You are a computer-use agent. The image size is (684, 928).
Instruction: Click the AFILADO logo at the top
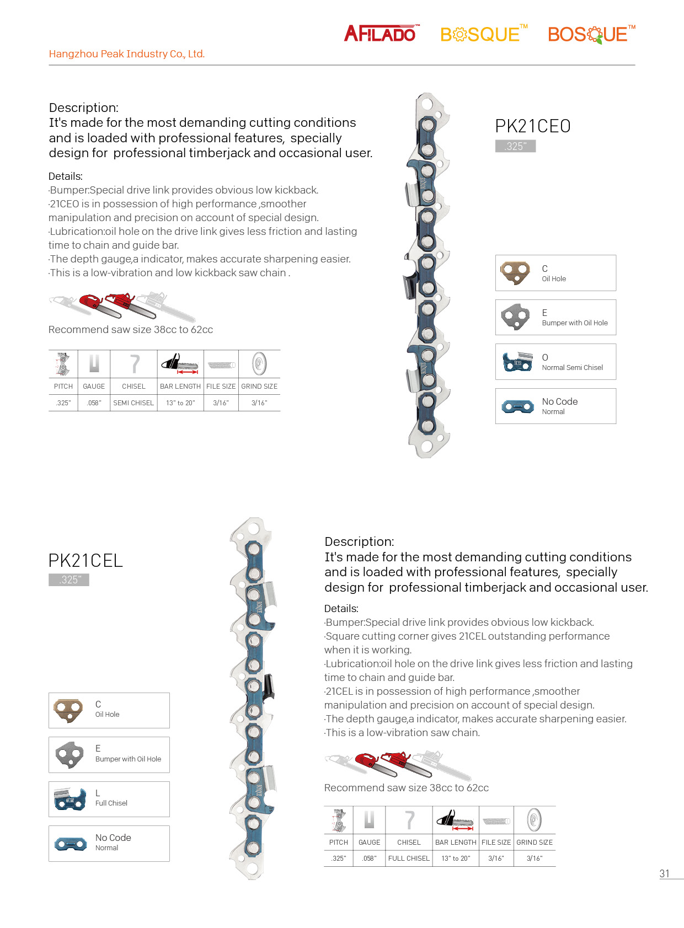coord(381,34)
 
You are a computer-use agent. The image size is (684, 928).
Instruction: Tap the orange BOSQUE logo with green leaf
coord(590,35)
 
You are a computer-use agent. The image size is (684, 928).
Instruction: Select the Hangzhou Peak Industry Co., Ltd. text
coord(127,54)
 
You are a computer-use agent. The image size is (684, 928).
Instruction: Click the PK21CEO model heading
coord(532,126)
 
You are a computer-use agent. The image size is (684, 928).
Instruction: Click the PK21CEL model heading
coord(85,561)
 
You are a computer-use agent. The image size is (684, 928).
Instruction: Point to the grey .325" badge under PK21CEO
coord(515,146)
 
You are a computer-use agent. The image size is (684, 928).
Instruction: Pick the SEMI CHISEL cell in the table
coord(133,403)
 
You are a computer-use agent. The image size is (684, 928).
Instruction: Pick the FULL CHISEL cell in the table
coord(409,859)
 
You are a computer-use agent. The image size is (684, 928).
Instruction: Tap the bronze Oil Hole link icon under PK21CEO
coord(515,272)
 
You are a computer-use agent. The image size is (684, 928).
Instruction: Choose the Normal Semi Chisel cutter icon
coord(517,362)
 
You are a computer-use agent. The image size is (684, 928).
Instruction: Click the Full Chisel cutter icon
coord(70,799)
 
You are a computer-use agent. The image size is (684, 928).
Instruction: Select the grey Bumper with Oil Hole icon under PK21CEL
coord(70,754)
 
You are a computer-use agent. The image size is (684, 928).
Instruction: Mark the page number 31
coord(665,873)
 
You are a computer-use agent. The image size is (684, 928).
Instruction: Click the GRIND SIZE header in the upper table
coord(259,387)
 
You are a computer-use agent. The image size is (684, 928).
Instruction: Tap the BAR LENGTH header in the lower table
coord(456,843)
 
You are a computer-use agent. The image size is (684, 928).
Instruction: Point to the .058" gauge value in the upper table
coord(94,403)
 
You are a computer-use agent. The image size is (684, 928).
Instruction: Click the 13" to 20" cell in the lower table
coord(456,859)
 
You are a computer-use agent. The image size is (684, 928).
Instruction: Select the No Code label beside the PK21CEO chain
coord(560,402)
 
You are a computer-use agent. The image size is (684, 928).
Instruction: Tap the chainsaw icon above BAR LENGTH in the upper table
coord(180,363)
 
